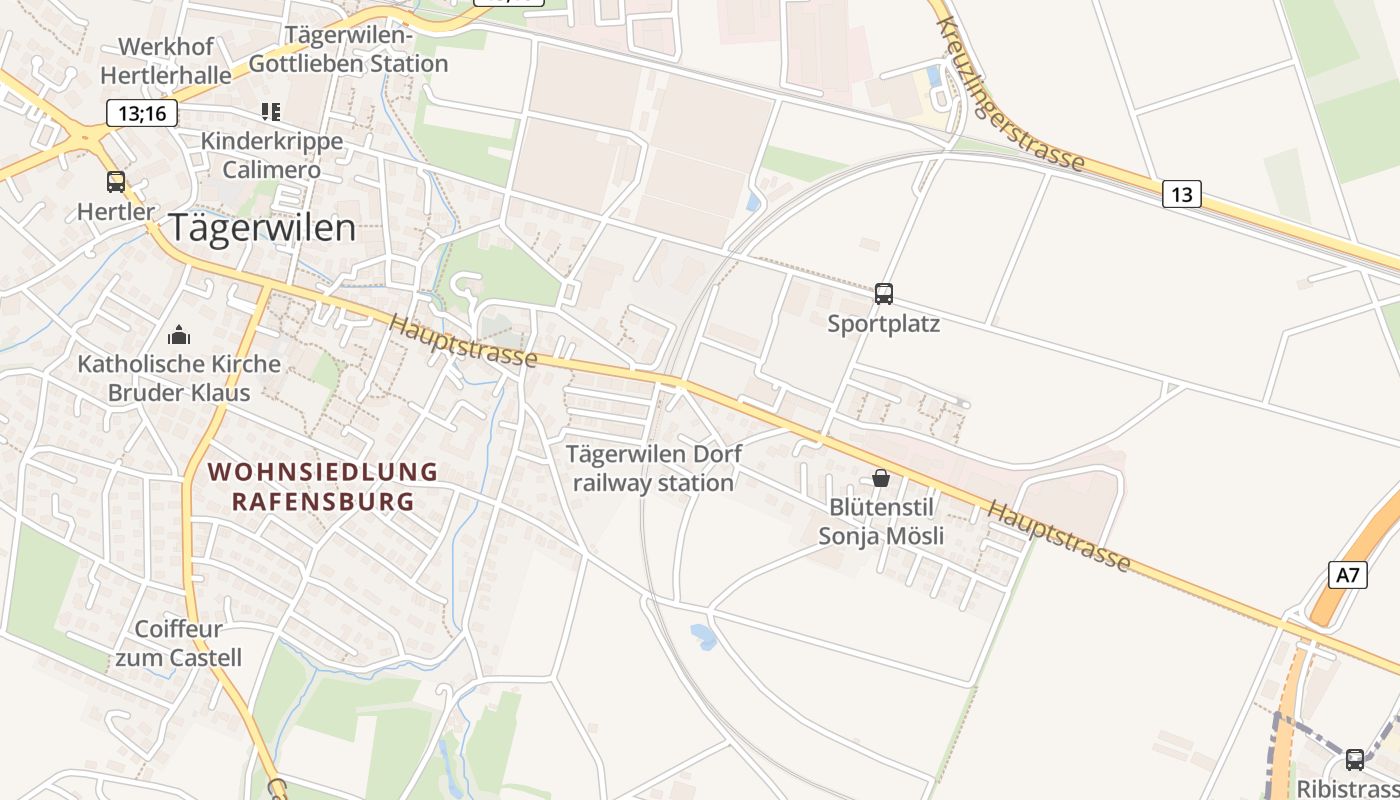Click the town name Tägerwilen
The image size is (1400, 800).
click(x=262, y=228)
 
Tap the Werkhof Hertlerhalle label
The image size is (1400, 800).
click(x=165, y=60)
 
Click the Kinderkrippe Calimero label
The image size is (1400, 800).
click(x=272, y=155)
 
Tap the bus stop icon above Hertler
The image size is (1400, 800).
click(x=116, y=182)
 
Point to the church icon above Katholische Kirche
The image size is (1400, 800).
click(x=179, y=334)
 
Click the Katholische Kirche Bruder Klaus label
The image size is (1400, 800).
click(x=179, y=377)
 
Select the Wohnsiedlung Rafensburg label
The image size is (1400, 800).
click(x=323, y=486)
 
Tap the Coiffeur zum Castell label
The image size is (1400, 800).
click(x=178, y=643)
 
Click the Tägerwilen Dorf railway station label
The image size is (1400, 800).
click(x=654, y=468)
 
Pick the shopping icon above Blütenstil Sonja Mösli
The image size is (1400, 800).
click(x=881, y=478)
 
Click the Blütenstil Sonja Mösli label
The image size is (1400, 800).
click(x=881, y=521)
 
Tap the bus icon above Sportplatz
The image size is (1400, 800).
click(x=884, y=293)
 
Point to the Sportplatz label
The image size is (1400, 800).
click(x=884, y=324)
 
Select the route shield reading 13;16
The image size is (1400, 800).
click(x=142, y=113)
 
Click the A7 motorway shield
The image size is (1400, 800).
click(x=1348, y=575)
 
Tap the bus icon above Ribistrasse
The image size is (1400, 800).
click(x=1355, y=759)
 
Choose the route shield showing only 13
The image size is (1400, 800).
click(x=1181, y=194)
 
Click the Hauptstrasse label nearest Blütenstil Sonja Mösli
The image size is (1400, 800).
click(x=1059, y=536)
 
